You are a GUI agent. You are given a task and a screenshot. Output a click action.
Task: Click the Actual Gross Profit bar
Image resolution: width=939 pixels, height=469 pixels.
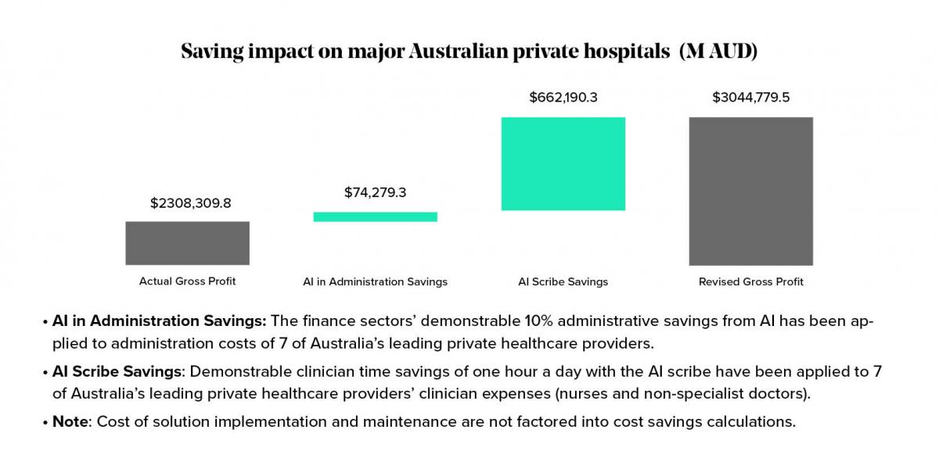pyautogui.click(x=187, y=243)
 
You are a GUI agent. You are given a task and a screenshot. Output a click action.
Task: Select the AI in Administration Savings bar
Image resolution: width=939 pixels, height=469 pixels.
pyautogui.click(x=375, y=217)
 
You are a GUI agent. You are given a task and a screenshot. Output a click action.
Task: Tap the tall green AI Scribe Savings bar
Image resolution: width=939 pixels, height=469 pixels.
pyautogui.click(x=563, y=163)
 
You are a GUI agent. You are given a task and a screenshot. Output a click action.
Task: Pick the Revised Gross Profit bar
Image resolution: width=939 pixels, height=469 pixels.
pyautogui.click(x=750, y=191)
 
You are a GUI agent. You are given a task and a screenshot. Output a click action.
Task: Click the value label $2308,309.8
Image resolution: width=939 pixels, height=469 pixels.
pyautogui.click(x=190, y=203)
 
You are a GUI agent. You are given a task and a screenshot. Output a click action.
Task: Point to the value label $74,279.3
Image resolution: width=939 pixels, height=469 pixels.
pyautogui.click(x=375, y=192)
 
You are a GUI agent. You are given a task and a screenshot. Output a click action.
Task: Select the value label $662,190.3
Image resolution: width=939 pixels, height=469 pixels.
pyautogui.click(x=563, y=98)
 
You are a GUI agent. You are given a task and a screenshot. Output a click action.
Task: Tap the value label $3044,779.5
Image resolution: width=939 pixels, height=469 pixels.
pyautogui.click(x=750, y=98)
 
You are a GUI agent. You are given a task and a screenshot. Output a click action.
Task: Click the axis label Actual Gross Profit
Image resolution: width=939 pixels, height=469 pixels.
pyautogui.click(x=187, y=281)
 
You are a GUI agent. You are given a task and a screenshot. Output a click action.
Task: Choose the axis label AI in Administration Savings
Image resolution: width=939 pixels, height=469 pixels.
pyautogui.click(x=375, y=281)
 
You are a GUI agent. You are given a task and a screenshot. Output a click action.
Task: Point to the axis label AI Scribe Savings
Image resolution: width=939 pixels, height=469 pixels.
pyautogui.click(x=563, y=281)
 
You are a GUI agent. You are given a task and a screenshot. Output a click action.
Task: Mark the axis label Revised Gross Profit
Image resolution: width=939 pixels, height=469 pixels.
pyautogui.click(x=750, y=281)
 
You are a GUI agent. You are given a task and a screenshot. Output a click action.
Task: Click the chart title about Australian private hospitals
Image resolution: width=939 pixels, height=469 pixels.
pyautogui.click(x=469, y=52)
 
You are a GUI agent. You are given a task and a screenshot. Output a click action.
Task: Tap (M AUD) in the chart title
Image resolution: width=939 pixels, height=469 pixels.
pyautogui.click(x=718, y=52)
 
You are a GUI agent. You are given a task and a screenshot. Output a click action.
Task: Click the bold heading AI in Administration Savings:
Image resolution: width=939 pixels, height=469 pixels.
pyautogui.click(x=160, y=321)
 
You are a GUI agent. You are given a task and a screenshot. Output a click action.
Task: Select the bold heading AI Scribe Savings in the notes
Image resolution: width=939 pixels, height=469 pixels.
pyautogui.click(x=116, y=371)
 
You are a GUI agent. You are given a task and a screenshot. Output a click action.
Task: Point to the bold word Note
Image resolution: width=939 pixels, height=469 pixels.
pyautogui.click(x=70, y=421)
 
